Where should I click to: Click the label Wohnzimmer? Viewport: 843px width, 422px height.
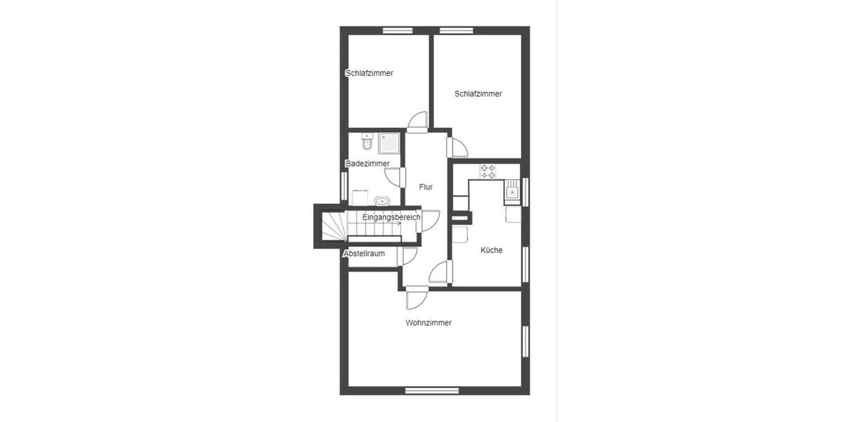tap(428, 323)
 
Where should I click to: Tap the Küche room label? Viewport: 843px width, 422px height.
tap(491, 250)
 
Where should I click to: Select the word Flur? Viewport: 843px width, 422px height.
tap(425, 187)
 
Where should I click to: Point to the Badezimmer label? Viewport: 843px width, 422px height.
tap(367, 164)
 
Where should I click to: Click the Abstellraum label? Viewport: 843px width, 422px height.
tap(364, 253)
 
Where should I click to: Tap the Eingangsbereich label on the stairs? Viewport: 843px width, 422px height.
tap(391, 217)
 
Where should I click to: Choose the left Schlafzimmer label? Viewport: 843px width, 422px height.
tap(369, 73)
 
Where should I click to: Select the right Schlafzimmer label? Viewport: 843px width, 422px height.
tap(478, 94)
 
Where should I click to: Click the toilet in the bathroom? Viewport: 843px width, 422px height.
tap(366, 143)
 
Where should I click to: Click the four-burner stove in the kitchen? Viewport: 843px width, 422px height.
tap(488, 171)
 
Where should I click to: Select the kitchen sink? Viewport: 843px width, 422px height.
tap(512, 191)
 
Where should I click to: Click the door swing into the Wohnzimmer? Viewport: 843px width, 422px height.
tap(415, 299)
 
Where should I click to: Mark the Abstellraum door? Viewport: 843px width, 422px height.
tap(408, 256)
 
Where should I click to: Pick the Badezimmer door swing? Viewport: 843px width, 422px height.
tap(393, 177)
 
